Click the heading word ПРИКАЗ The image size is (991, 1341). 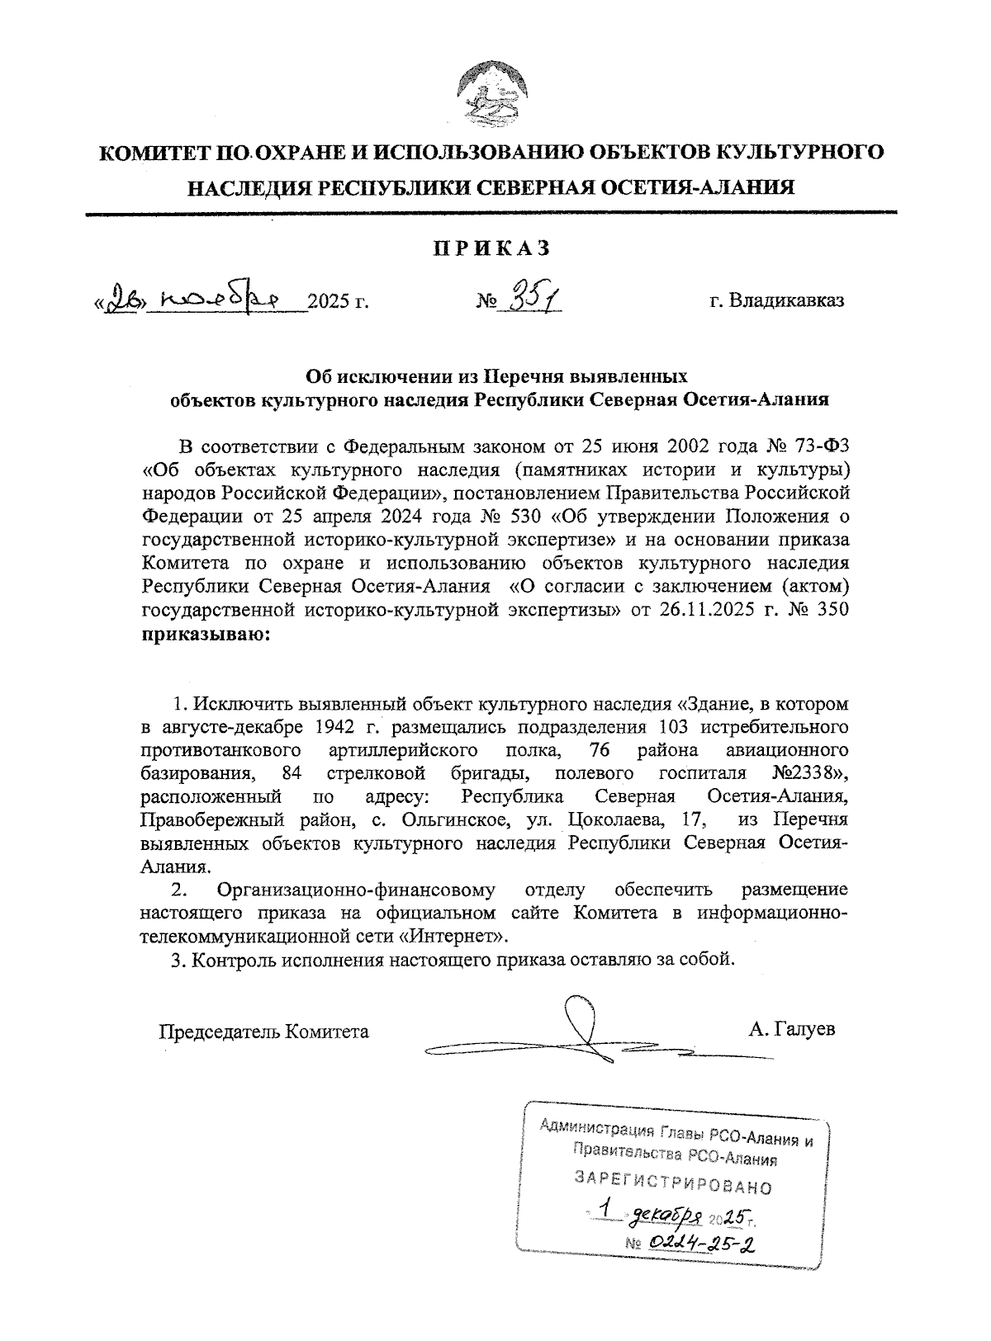pyautogui.click(x=491, y=248)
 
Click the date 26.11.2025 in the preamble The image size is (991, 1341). pyautogui.click(x=713, y=611)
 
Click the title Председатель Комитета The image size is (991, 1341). pyautogui.click(x=263, y=1032)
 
